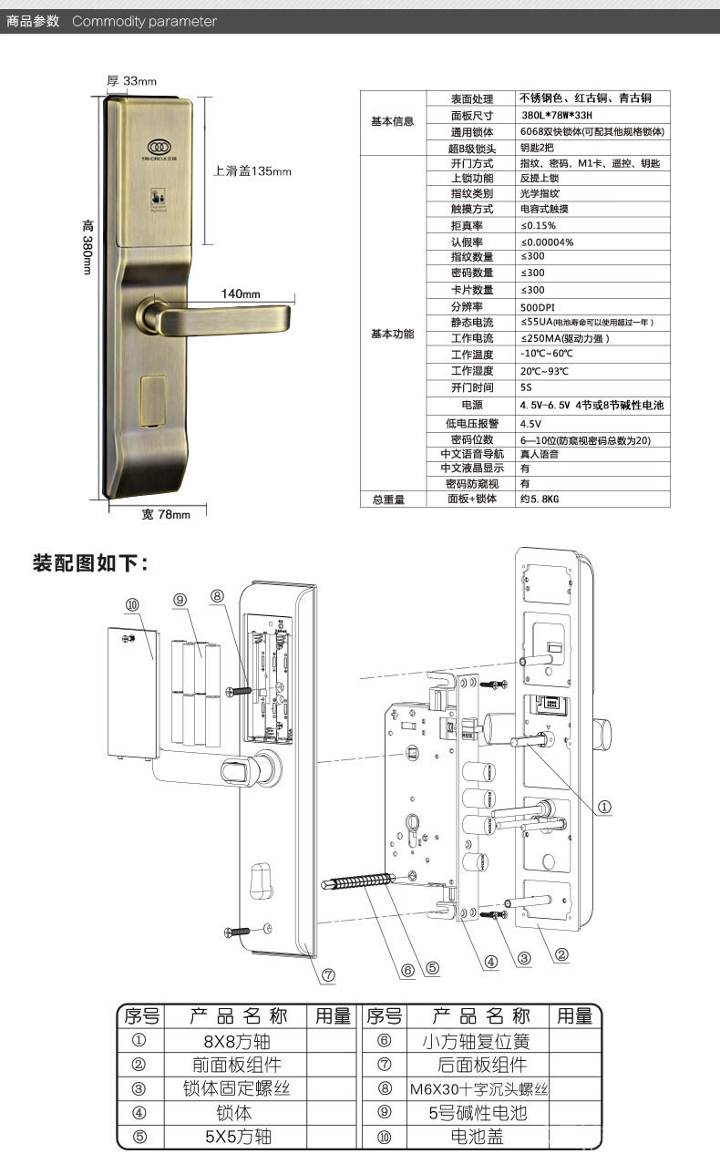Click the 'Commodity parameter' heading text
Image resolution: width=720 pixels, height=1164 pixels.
144,21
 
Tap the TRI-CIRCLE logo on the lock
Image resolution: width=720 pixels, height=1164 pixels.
160,146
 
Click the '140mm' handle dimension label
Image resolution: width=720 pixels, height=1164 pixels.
241,294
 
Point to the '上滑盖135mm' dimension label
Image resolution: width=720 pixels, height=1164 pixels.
252,170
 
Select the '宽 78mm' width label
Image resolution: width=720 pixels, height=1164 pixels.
166,515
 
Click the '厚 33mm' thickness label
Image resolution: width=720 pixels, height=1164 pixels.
133,81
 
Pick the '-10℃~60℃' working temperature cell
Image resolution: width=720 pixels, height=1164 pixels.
546,354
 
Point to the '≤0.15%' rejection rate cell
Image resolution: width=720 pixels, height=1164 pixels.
538,225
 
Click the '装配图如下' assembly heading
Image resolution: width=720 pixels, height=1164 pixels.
89,562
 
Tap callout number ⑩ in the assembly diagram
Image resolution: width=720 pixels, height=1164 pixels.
133,605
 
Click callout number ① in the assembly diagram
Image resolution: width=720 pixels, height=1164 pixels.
603,807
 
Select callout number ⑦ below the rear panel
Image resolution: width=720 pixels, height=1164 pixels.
328,974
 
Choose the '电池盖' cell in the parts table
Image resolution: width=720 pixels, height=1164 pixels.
478,1137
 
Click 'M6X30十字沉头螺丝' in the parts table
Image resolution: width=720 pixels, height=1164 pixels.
478,1089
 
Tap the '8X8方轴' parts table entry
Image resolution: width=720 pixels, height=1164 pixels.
235,1041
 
